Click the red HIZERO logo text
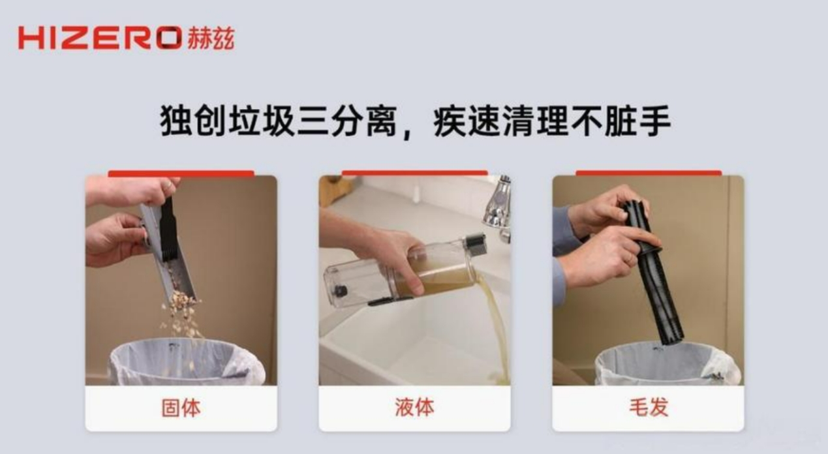[100, 37]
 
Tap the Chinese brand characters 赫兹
[211, 38]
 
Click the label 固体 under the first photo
[181, 408]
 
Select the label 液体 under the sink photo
[414, 407]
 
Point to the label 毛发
[649, 407]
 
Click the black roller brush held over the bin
[654, 271]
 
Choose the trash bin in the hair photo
[667, 364]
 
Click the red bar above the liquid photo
[414, 173]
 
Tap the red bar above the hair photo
[649, 173]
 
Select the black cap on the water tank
[476, 244]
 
